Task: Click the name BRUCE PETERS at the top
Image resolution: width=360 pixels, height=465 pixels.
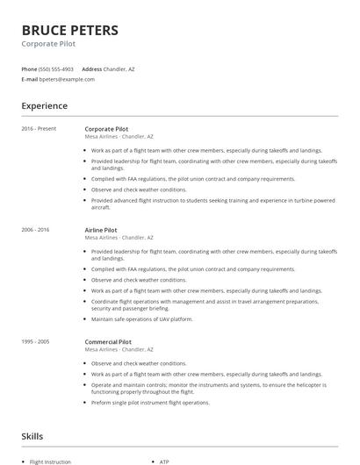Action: tap(69, 30)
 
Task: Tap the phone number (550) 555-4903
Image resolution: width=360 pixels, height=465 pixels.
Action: tap(57, 68)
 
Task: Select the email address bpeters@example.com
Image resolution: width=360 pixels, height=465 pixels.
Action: tap(67, 79)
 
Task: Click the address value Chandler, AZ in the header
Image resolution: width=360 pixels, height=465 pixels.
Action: tap(119, 68)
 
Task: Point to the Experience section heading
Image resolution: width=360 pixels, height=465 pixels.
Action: tap(44, 106)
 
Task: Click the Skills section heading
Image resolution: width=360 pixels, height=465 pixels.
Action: tap(32, 436)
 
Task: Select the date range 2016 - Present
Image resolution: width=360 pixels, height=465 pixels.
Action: tap(39, 129)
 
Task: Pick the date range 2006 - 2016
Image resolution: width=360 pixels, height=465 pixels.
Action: tap(36, 230)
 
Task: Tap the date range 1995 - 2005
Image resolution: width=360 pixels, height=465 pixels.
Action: tap(36, 341)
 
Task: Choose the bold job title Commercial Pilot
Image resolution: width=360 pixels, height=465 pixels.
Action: tap(108, 341)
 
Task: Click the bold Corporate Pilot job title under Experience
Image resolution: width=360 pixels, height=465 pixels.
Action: tap(106, 129)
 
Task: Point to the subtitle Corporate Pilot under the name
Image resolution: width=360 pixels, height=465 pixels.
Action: tap(47, 43)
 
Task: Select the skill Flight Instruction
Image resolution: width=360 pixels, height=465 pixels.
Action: tap(51, 461)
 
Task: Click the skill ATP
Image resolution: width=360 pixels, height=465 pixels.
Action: tap(164, 461)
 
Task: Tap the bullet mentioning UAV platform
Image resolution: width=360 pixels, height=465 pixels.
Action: tap(142, 318)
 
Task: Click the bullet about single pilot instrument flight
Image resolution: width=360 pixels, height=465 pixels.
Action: tap(150, 403)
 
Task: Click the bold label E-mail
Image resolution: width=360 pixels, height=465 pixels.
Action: tap(29, 79)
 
